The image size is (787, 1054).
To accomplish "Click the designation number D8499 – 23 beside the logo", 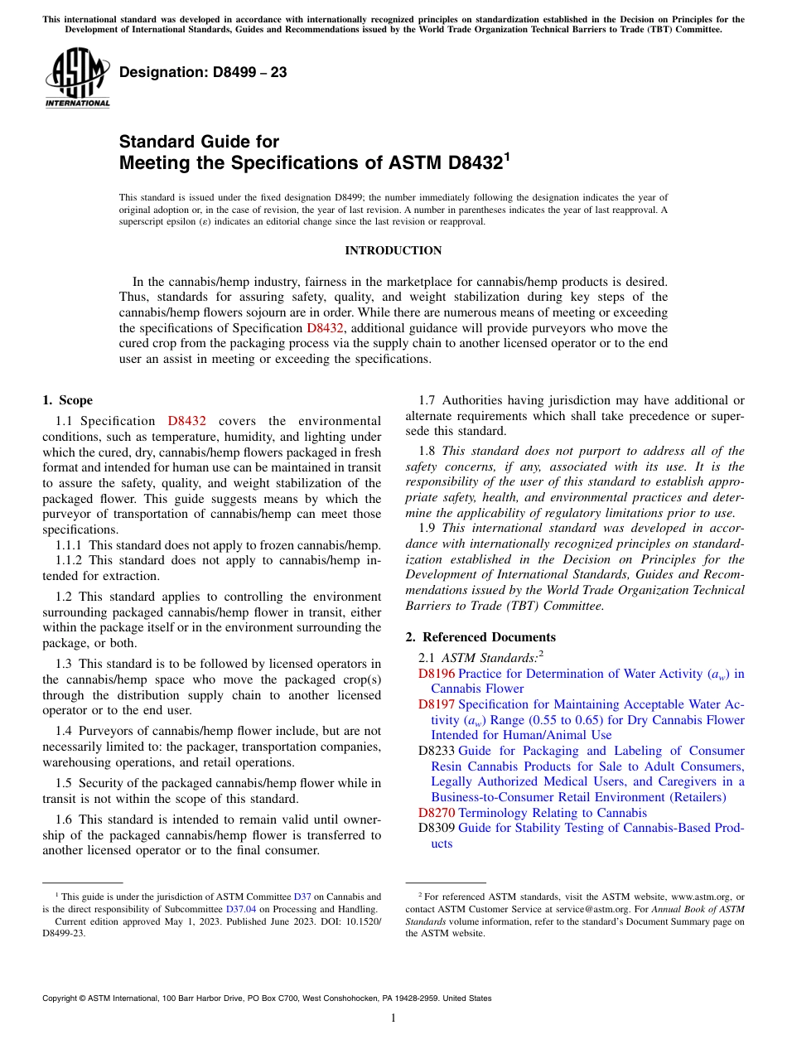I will tap(203, 72).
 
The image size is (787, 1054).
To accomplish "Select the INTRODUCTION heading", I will tap(393, 250).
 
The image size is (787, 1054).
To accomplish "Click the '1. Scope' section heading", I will tap(67, 400).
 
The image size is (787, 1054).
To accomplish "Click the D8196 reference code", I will tap(437, 674).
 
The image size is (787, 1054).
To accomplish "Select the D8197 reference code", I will tap(437, 704).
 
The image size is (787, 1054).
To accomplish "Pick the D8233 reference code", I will tap(437, 751).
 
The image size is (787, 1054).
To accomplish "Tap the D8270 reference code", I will tap(437, 813).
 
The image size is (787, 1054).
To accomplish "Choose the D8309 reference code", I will tap(437, 828).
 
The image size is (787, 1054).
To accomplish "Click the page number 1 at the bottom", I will tap(393, 1018).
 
